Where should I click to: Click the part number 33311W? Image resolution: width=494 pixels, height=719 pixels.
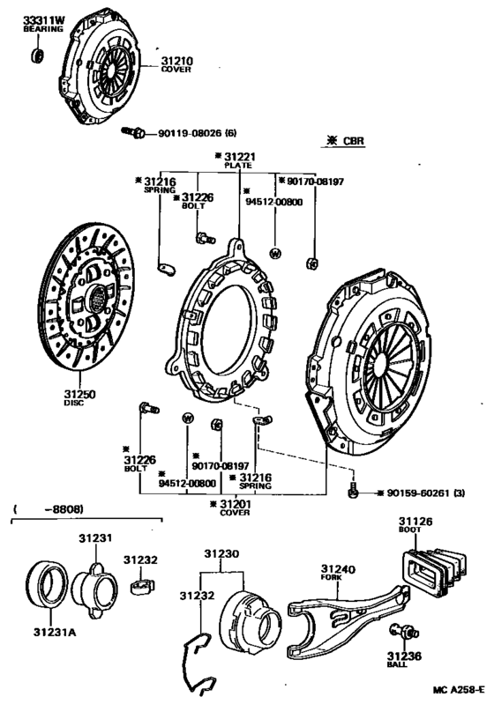42,19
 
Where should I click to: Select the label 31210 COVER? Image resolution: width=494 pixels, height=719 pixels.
176,64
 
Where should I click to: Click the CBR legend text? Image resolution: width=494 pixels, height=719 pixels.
345,140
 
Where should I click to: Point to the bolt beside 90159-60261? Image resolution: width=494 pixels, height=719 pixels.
352,491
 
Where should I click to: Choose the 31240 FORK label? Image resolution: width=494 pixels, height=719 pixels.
337,573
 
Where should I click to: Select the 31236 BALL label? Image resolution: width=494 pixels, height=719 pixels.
403,660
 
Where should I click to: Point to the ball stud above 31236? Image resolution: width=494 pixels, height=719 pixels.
399,631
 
